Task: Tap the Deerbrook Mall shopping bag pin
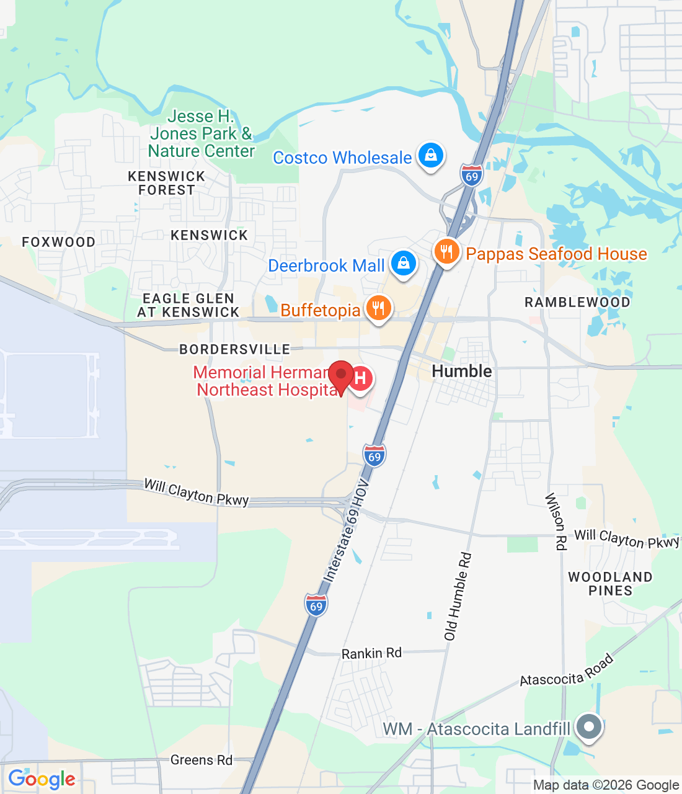click(404, 264)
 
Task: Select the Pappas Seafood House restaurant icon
click(446, 252)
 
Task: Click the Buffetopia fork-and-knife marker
click(378, 308)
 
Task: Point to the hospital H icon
click(360, 378)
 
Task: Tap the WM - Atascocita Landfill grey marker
click(589, 726)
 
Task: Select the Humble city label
click(462, 371)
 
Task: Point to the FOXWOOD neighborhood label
click(59, 242)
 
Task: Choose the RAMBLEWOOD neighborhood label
click(577, 302)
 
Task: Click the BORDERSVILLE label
click(234, 349)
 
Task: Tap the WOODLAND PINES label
click(610, 584)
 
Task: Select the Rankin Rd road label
click(371, 653)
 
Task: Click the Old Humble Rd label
click(458, 596)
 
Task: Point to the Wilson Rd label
click(556, 521)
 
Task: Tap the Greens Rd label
click(201, 760)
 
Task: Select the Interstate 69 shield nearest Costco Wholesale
click(472, 176)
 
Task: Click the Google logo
click(42, 779)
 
